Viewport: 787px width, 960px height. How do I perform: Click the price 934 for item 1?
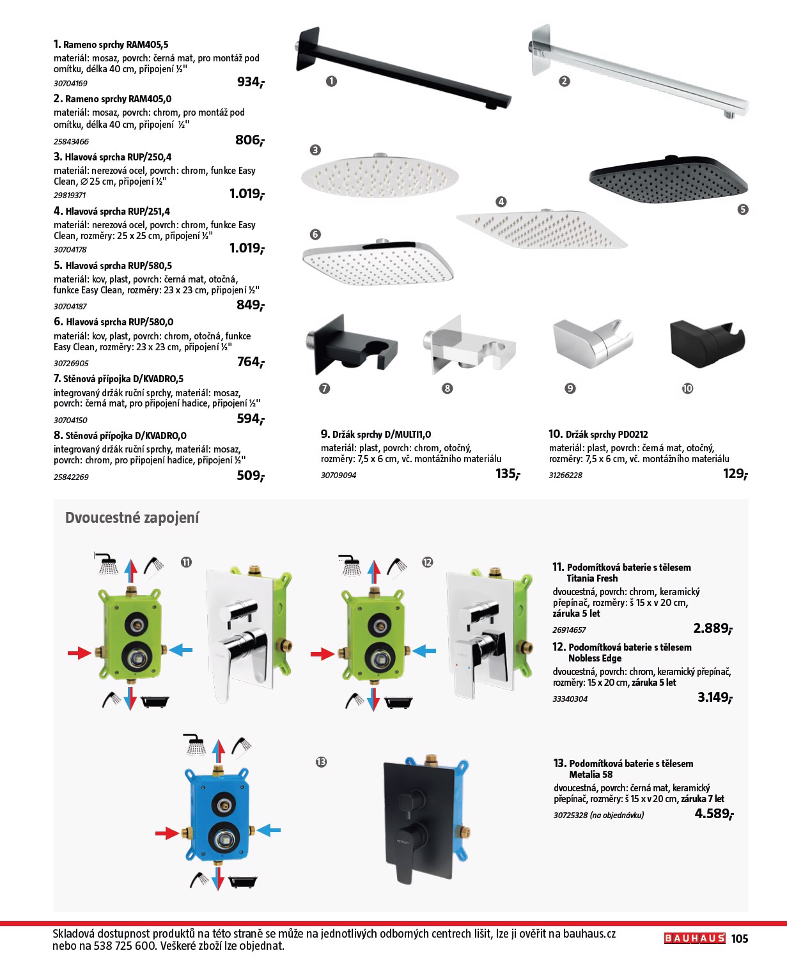tap(250, 82)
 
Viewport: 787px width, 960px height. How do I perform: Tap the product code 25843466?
tap(71, 141)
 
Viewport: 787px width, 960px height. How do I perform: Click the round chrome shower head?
tap(380, 174)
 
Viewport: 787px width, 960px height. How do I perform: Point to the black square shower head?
tap(668, 178)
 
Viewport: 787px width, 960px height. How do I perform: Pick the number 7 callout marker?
tap(325, 389)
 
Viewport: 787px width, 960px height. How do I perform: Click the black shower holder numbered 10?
tap(707, 342)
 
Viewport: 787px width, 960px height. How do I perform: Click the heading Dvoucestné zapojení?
tap(132, 518)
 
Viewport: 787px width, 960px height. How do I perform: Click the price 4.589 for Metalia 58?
tap(713, 814)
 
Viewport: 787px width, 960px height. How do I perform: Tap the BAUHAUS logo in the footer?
tap(694, 938)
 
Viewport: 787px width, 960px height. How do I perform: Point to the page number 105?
tap(740, 938)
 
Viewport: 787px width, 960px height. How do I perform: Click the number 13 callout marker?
tap(321, 762)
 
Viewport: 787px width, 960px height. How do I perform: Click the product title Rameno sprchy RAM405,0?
tap(118, 99)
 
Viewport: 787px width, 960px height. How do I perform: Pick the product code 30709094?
tap(338, 476)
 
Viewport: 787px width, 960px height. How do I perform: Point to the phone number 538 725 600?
tap(125, 946)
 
